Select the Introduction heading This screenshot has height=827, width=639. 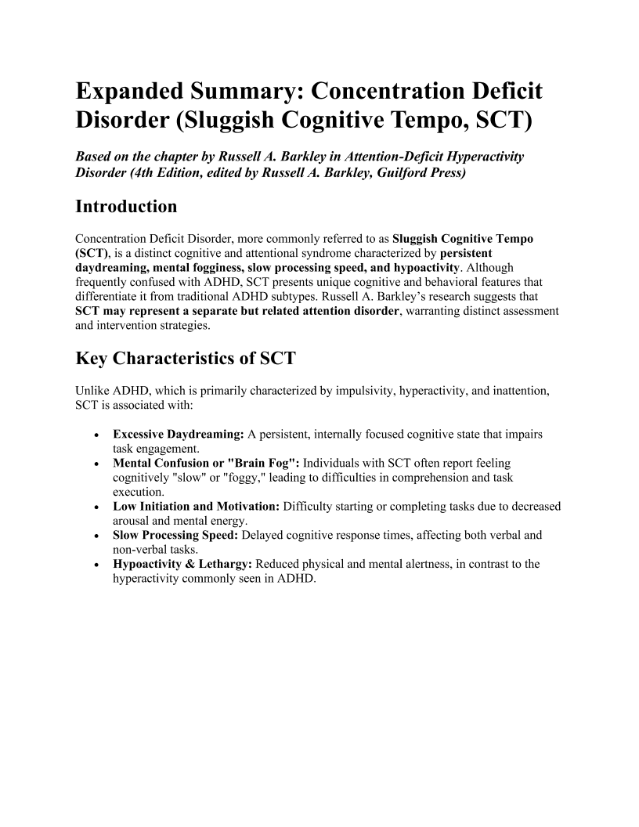click(126, 208)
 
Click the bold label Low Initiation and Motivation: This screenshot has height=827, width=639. click(197, 507)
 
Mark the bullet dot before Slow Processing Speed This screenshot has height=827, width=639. click(95, 536)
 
